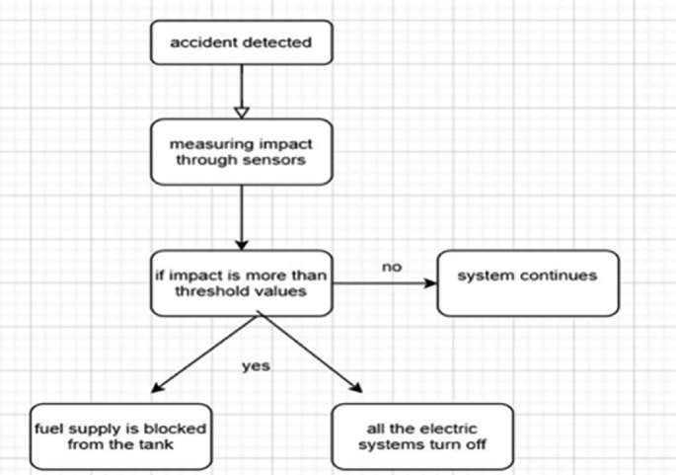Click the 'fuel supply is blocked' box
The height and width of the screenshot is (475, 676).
tap(120, 435)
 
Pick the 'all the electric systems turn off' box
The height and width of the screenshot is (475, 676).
tap(422, 435)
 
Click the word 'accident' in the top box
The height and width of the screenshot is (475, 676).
tap(202, 42)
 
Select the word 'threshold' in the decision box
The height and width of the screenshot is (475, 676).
tap(198, 293)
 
